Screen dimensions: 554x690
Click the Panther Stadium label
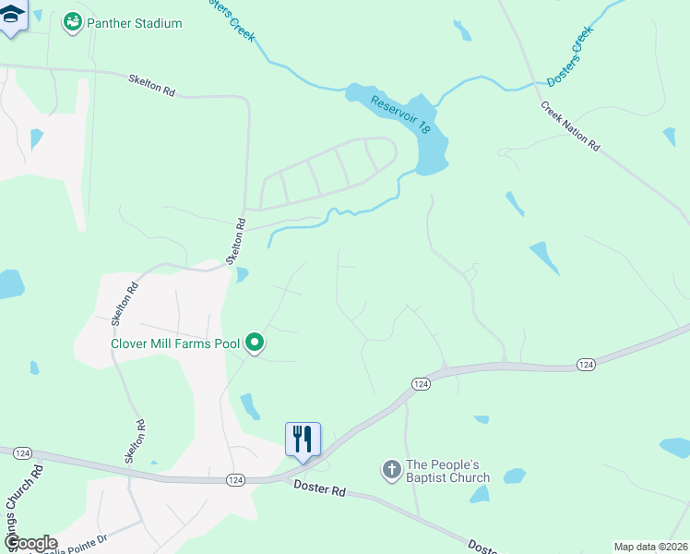click(x=135, y=23)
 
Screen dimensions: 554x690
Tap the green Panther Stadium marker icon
click(x=72, y=22)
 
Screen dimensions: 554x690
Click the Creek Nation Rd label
click(x=571, y=128)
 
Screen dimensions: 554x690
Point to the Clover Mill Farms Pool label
click(x=175, y=343)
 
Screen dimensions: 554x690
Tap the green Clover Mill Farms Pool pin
click(x=255, y=343)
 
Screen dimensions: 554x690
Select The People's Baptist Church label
click(x=448, y=471)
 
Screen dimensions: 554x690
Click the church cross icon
click(x=391, y=471)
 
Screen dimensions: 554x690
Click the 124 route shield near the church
click(x=421, y=383)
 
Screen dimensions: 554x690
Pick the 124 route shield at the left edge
click(x=24, y=452)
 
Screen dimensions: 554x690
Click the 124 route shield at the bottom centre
click(x=234, y=479)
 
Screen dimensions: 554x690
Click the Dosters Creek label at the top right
click(x=569, y=57)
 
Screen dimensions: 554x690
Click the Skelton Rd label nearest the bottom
click(x=136, y=441)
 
